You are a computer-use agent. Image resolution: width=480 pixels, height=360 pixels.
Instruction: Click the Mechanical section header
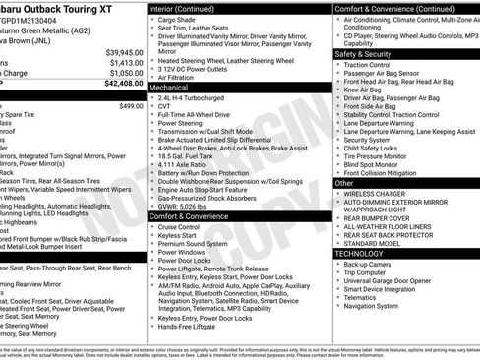(170, 87)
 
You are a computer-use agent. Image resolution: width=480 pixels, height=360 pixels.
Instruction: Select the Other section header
(344, 182)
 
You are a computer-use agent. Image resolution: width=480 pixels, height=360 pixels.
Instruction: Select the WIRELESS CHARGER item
(375, 193)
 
